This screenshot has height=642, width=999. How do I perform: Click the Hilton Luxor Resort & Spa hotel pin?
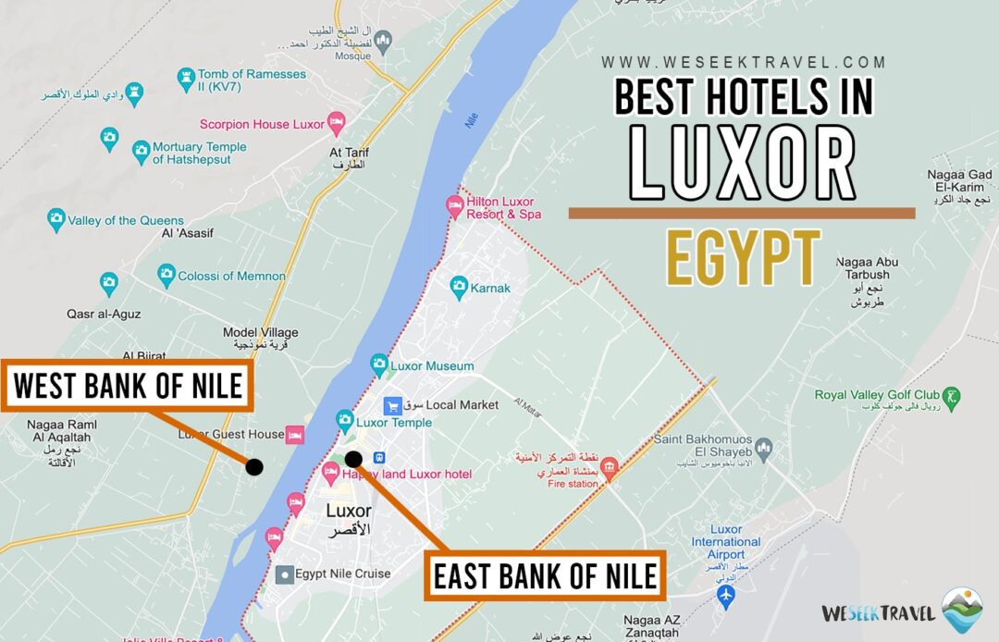pos(454,204)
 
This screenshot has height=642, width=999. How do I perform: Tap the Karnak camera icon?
pos(459,288)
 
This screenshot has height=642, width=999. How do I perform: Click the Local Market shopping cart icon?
pos(392,405)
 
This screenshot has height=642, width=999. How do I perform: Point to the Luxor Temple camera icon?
pos(345,421)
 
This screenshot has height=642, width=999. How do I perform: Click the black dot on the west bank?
pos(254,467)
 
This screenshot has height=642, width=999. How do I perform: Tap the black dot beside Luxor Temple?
pos(353,459)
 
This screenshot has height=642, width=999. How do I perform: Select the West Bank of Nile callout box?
pos(127,386)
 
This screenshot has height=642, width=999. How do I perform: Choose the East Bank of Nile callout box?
pos(546,575)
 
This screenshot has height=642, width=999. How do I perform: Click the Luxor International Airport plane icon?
pos(726,595)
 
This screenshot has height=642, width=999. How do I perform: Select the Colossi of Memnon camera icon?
pos(166,275)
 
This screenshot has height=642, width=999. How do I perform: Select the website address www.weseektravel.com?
pos(744,63)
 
